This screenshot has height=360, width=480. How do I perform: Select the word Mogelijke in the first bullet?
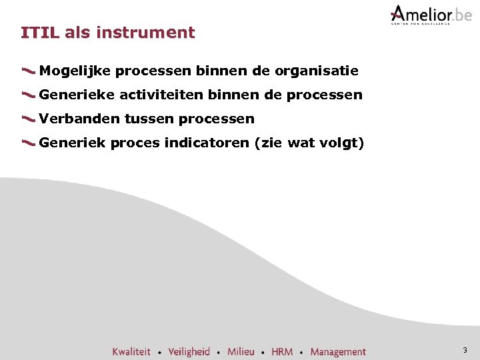point(75,71)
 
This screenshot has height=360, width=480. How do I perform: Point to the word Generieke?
point(77,95)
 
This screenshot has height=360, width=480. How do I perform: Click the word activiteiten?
point(161,95)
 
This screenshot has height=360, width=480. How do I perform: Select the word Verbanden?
point(79,119)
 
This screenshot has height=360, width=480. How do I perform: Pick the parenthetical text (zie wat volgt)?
point(309,143)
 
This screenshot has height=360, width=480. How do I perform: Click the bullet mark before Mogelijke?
point(29,70)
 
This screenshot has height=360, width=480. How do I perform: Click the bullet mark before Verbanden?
point(29,119)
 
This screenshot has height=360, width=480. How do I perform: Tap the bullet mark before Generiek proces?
point(29,143)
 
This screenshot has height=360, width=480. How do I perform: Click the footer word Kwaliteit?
point(131,351)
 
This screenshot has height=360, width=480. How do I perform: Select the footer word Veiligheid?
point(189,351)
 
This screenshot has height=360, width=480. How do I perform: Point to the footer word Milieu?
point(241,351)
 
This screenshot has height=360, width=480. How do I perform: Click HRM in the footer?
point(282,351)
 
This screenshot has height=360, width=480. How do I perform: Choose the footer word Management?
point(338,351)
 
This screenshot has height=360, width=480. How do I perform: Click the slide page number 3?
point(465,350)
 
